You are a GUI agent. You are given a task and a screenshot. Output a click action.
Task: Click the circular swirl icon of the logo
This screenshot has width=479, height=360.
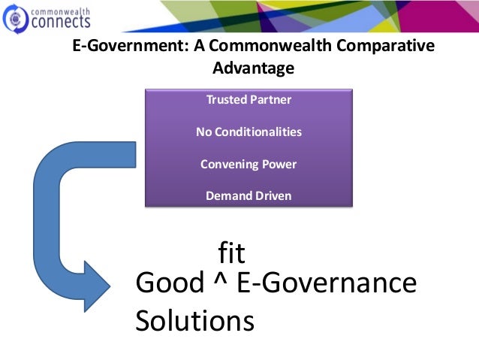pos(16,18)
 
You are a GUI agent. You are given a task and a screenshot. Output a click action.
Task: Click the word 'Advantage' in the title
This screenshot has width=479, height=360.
pos(253,68)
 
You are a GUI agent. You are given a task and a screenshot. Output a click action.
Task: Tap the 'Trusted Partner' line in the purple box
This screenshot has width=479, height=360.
pos(249,99)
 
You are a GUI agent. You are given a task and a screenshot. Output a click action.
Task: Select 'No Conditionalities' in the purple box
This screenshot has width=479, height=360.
pos(249,132)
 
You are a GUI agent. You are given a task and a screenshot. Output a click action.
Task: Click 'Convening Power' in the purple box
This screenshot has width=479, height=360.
pos(249,164)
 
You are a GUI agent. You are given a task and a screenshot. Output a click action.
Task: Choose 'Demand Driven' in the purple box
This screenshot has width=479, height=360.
pos(249,196)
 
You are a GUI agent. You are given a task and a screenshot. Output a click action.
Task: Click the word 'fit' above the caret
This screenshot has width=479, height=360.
pos(232,253)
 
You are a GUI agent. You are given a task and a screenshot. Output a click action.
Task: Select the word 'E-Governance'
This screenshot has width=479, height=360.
pos(327,283)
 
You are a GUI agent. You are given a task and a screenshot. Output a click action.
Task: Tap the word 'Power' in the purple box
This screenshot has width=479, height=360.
pos(279,164)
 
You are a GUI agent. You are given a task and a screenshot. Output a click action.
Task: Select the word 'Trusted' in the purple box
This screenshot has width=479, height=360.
pos(224,99)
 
